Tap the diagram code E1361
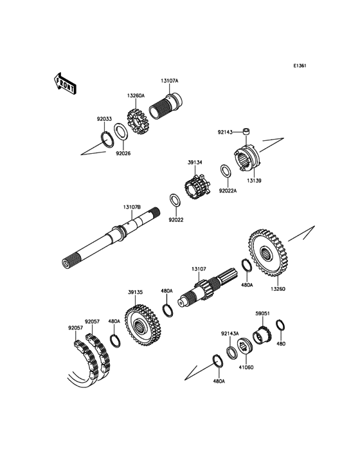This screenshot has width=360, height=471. (300, 66)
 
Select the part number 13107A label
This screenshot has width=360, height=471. (170, 81)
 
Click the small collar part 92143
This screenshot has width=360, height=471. (247, 131)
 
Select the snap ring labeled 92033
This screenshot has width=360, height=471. (107, 140)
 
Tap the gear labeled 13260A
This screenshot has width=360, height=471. (136, 122)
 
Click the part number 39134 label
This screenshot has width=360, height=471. (195, 162)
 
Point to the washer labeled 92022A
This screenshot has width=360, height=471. (225, 172)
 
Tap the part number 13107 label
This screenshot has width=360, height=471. (199, 269)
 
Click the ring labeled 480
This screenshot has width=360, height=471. (280, 326)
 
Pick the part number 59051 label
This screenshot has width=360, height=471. (262, 313)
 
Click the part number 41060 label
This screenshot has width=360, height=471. (246, 367)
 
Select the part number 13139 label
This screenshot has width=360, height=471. (255, 181)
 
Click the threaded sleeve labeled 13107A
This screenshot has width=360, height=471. (166, 106)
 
